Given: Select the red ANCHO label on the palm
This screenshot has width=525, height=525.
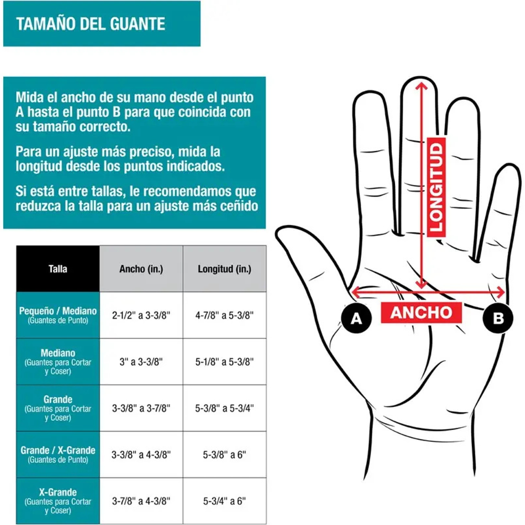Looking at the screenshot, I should [421, 313].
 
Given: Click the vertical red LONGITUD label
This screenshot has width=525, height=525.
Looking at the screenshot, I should [436, 187].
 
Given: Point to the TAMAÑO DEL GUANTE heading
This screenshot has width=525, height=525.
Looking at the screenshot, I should [91, 24].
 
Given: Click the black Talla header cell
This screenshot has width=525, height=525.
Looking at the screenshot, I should [58, 269].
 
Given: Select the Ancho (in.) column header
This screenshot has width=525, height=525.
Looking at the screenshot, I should [141, 269].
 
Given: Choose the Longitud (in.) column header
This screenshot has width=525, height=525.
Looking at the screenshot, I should [224, 269].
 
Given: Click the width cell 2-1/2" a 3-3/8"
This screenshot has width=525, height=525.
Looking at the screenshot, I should [141, 315].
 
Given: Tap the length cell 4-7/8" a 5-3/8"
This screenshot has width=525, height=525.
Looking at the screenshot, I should [224, 315].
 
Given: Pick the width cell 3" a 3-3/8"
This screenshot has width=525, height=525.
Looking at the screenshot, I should [141, 362].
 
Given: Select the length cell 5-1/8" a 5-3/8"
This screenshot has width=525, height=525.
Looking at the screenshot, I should [224, 362].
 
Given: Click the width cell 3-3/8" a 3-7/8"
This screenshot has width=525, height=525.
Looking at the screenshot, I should [141, 408].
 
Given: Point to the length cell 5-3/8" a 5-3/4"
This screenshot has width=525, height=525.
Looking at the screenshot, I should [224, 408].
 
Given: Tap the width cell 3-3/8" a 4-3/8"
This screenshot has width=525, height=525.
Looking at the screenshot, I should [141, 455].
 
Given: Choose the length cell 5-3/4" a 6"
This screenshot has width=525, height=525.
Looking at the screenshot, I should [224, 501].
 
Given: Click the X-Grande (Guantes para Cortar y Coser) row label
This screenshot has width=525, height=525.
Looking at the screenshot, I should [58, 501].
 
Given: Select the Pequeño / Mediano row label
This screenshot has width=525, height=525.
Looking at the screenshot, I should [58, 315].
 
